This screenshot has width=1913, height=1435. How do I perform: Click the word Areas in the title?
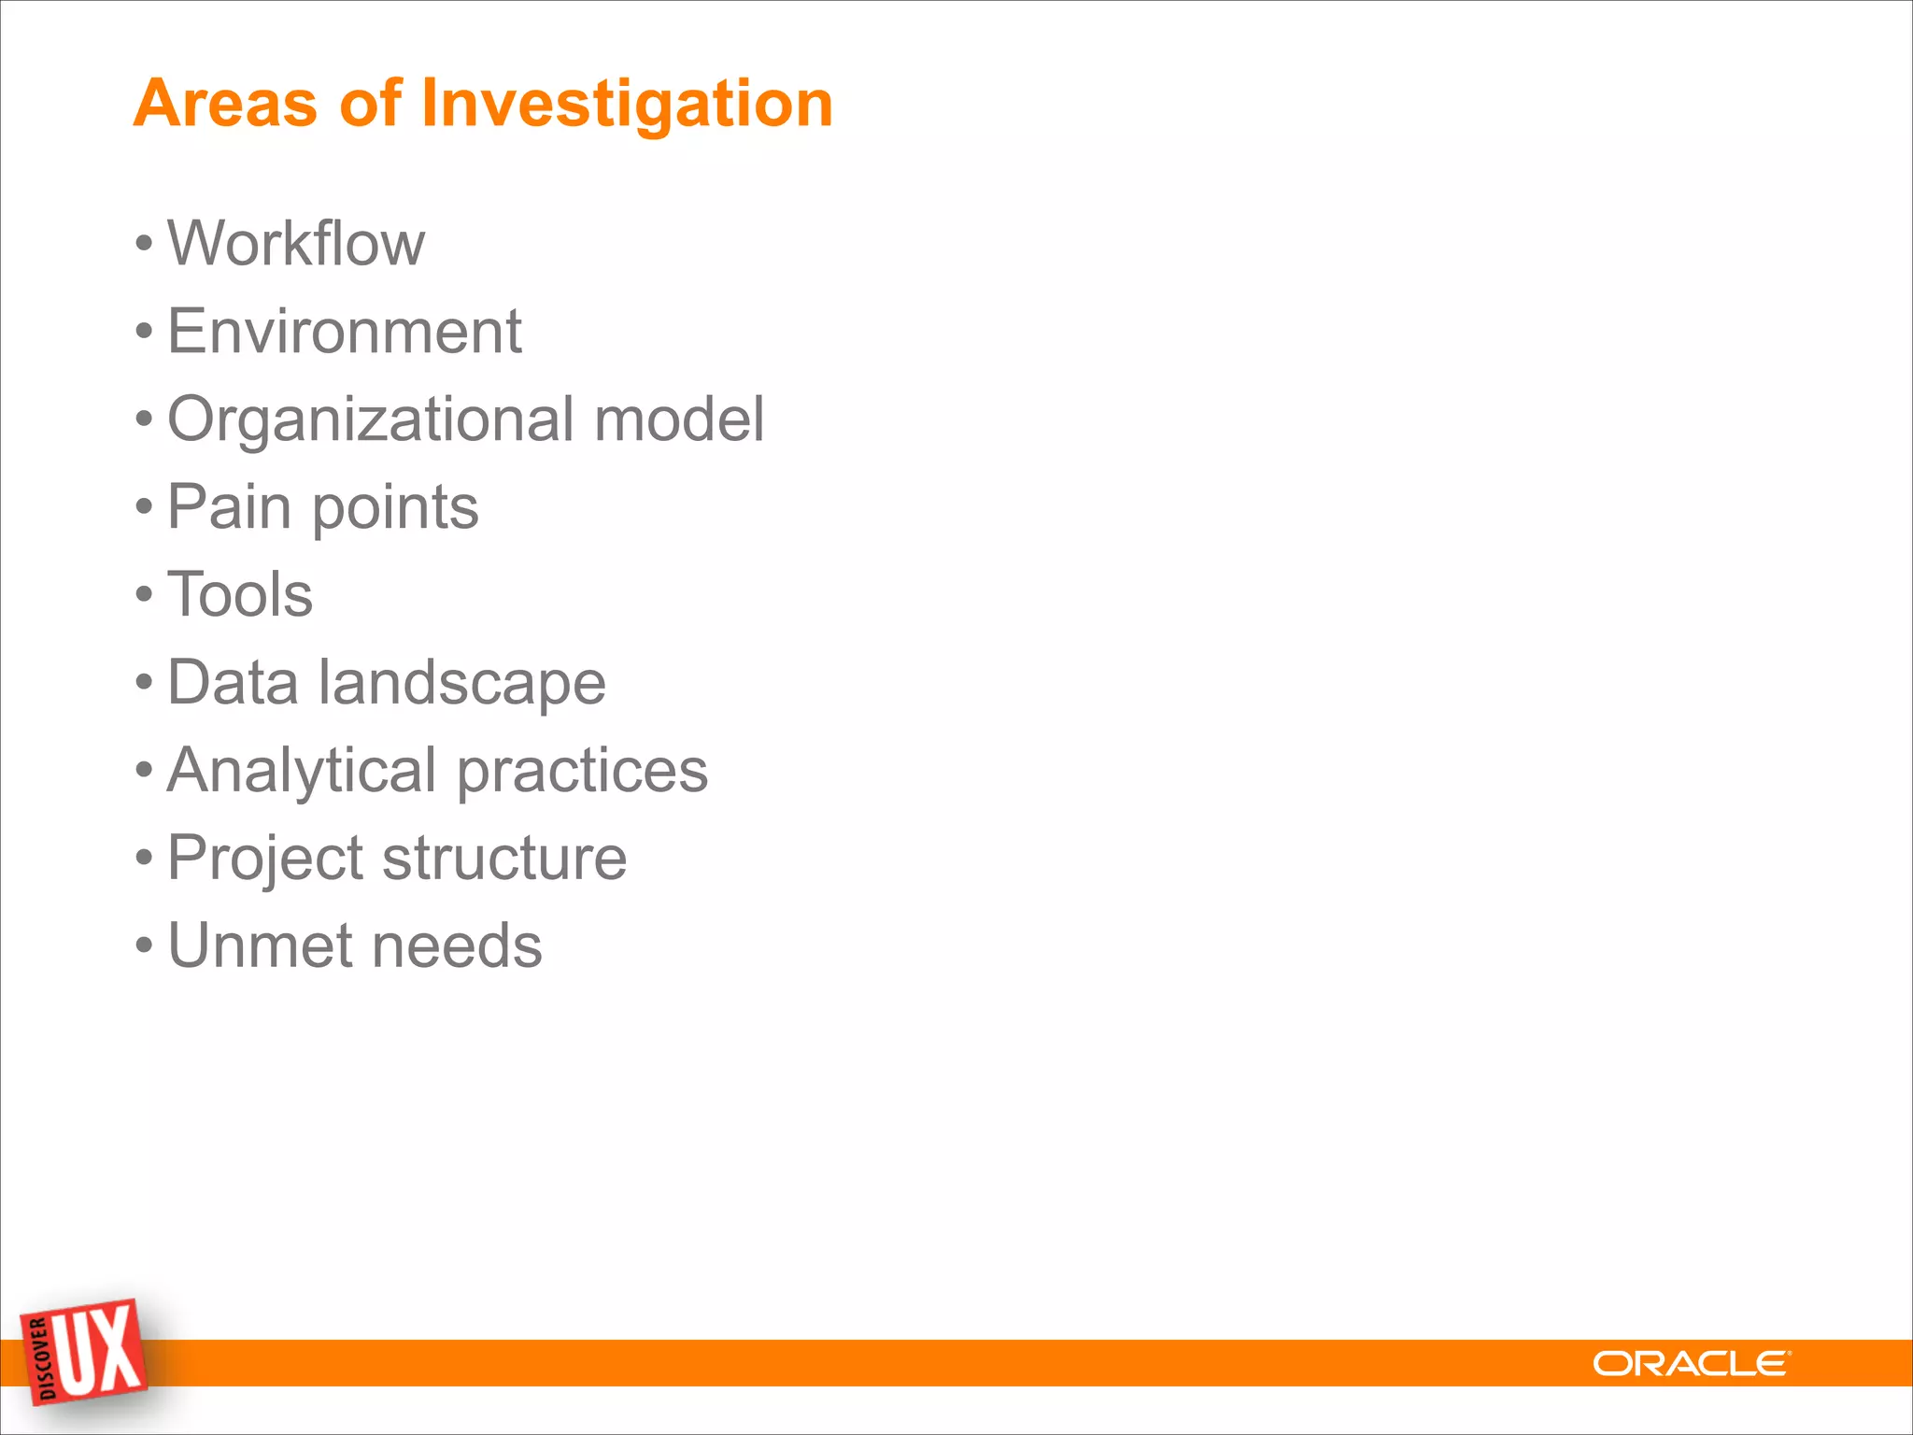(x=225, y=103)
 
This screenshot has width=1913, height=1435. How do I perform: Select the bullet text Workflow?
(x=295, y=244)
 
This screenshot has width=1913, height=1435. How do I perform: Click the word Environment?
(x=344, y=332)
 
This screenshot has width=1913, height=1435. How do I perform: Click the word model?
(x=679, y=419)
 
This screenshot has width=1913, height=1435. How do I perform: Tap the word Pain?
(x=229, y=507)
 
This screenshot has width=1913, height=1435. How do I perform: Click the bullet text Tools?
(x=239, y=595)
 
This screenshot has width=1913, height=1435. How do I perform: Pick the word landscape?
(x=461, y=683)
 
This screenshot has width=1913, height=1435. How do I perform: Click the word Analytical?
(x=301, y=772)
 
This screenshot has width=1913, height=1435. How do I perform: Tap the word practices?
(x=582, y=772)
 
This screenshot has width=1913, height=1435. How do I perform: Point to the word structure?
(x=504, y=858)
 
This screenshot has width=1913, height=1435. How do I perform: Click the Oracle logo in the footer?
(x=1691, y=1364)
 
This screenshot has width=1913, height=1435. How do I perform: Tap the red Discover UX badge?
(x=84, y=1351)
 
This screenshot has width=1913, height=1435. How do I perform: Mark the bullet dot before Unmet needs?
(x=143, y=946)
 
